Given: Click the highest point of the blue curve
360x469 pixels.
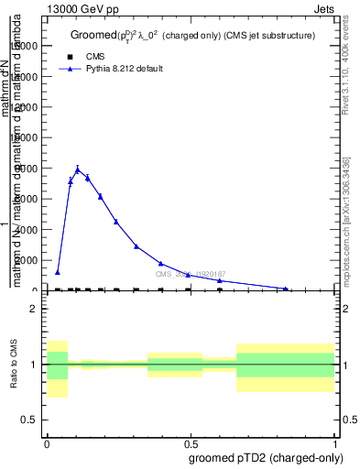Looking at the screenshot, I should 78,169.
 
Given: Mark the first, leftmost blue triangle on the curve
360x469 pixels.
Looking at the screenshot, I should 58,272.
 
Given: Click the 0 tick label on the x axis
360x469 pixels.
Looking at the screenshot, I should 47,443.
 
